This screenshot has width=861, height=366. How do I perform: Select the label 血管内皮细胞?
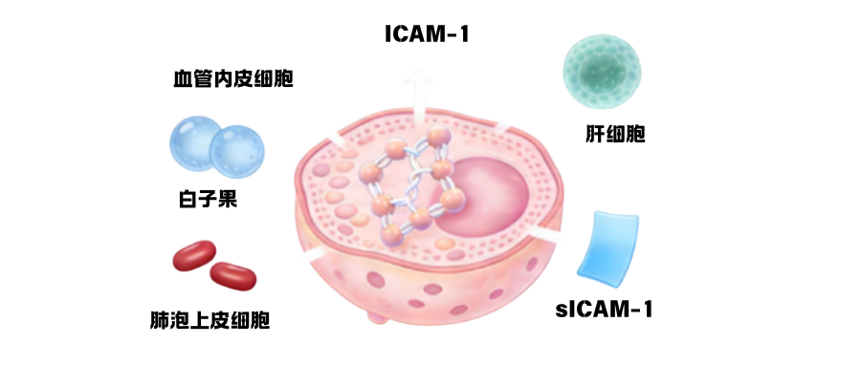pos(227,78)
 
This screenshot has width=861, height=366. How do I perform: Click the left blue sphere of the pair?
pos(198,144)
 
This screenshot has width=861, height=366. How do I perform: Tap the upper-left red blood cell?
pos(194,256)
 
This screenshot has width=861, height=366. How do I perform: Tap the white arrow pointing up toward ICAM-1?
pos(417,96)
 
